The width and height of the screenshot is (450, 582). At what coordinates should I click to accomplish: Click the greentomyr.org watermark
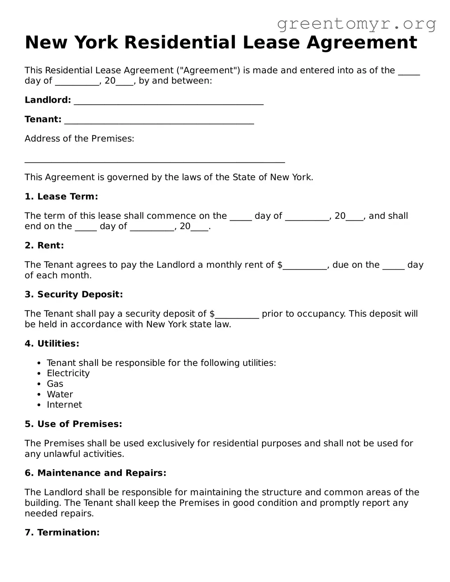pyautogui.click(x=356, y=24)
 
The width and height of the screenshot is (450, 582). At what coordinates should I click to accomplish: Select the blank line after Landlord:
pyautogui.click(x=168, y=102)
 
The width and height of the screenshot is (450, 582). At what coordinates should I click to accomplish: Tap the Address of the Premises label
pyautogui.click(x=79, y=139)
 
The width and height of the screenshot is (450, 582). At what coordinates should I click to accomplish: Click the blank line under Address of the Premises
pyautogui.click(x=154, y=161)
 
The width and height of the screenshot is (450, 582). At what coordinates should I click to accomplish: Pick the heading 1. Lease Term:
pyautogui.click(x=61, y=196)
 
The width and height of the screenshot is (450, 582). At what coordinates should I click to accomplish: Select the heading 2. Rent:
pyautogui.click(x=44, y=246)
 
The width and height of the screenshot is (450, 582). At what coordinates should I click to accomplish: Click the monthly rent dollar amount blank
pyautogui.click(x=305, y=267)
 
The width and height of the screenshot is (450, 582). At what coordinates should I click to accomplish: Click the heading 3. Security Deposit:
pyautogui.click(x=74, y=294)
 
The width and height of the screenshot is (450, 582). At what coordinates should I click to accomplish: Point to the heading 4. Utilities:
pyautogui.click(x=52, y=343)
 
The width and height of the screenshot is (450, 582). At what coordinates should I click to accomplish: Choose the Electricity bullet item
pyautogui.click(x=68, y=373)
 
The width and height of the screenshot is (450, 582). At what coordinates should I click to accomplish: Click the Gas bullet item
pyautogui.click(x=55, y=384)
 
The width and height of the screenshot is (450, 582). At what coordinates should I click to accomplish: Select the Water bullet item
pyautogui.click(x=60, y=394)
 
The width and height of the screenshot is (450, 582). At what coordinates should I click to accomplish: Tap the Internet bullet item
pyautogui.click(x=64, y=405)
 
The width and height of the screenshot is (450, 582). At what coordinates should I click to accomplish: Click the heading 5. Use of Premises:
pyautogui.click(x=73, y=424)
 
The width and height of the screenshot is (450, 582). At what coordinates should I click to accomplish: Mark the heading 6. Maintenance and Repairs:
pyautogui.click(x=95, y=473)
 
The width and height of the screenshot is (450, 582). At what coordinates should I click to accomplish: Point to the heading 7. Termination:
pyautogui.click(x=62, y=533)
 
